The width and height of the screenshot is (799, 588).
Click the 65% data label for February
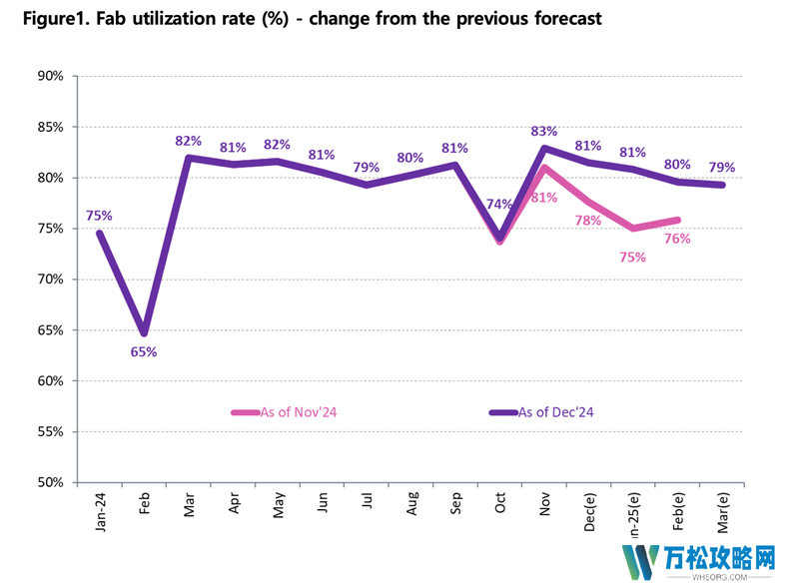pyautogui.click(x=144, y=351)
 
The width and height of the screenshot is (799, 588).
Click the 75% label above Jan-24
pyautogui.click(x=100, y=215)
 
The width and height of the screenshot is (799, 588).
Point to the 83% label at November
pyautogui.click(x=544, y=131)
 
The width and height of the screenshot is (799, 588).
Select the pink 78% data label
pyautogui.click(x=588, y=220)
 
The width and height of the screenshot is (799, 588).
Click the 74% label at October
pyautogui.click(x=498, y=205)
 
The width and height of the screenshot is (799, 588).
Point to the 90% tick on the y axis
pyautogui.click(x=50, y=76)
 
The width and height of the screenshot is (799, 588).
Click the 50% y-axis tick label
pyautogui.click(x=50, y=483)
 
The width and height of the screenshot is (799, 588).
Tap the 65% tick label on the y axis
pyautogui.click(x=50, y=330)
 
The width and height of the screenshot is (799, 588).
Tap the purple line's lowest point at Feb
pyautogui.click(x=144, y=333)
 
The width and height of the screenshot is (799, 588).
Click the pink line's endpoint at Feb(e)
pyautogui.click(x=678, y=220)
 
